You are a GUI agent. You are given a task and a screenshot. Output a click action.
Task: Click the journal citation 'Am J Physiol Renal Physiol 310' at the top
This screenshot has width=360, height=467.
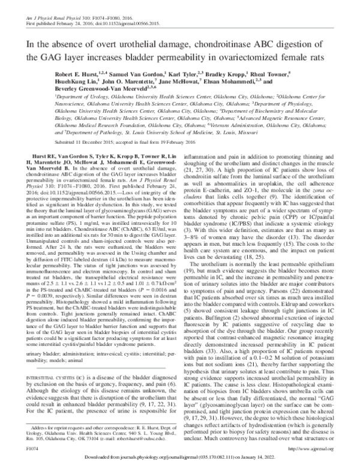pos(42,5)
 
